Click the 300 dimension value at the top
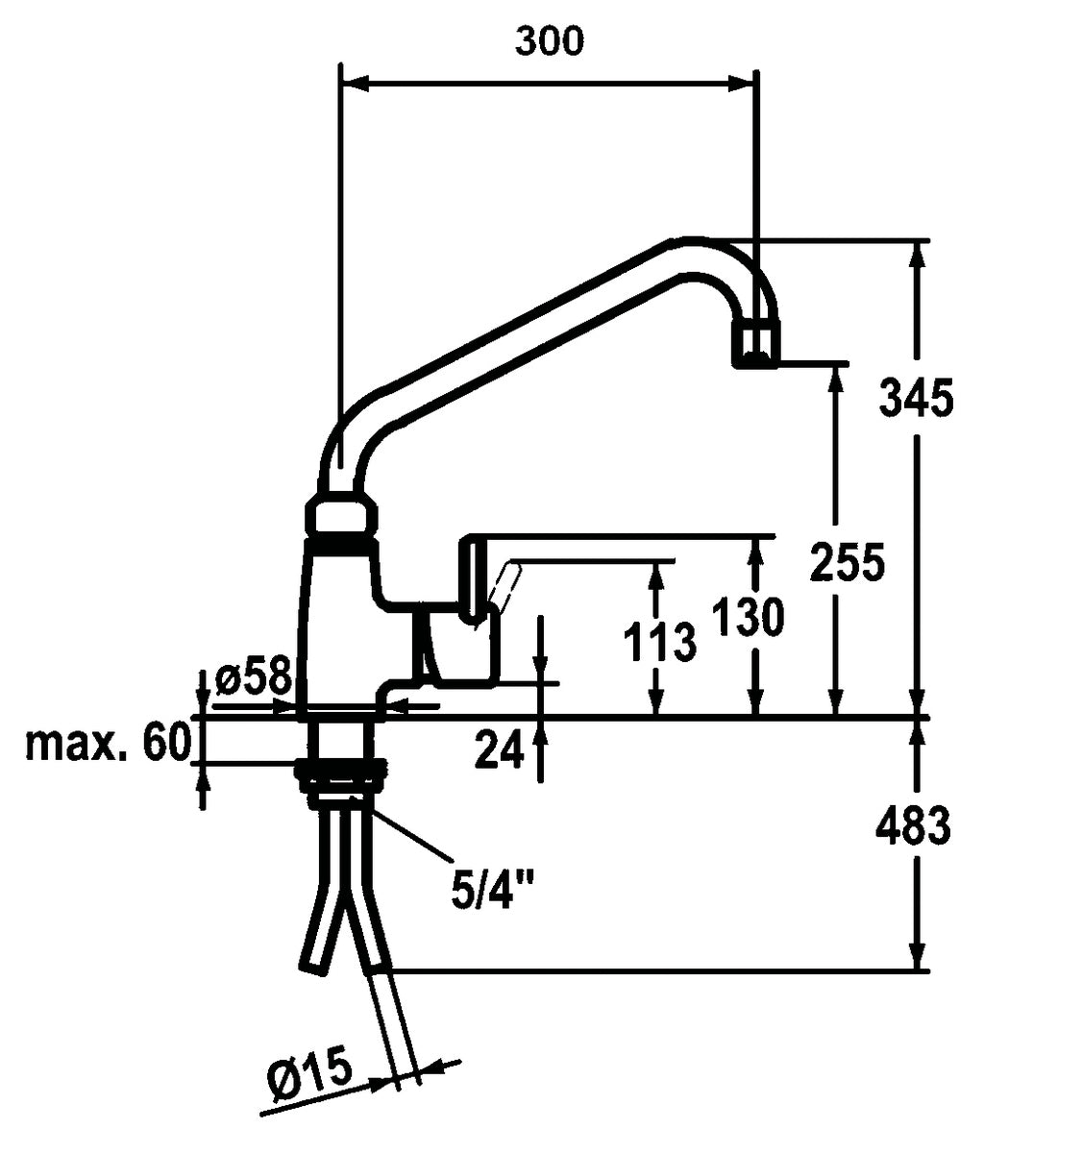click(x=549, y=40)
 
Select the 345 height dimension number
click(x=916, y=397)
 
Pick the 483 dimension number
click(x=914, y=825)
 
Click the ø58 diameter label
click(x=253, y=678)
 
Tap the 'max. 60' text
click(x=107, y=743)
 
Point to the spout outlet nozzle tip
click(x=757, y=346)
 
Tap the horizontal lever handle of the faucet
click(x=615, y=546)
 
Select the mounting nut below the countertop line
click(x=342, y=774)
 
